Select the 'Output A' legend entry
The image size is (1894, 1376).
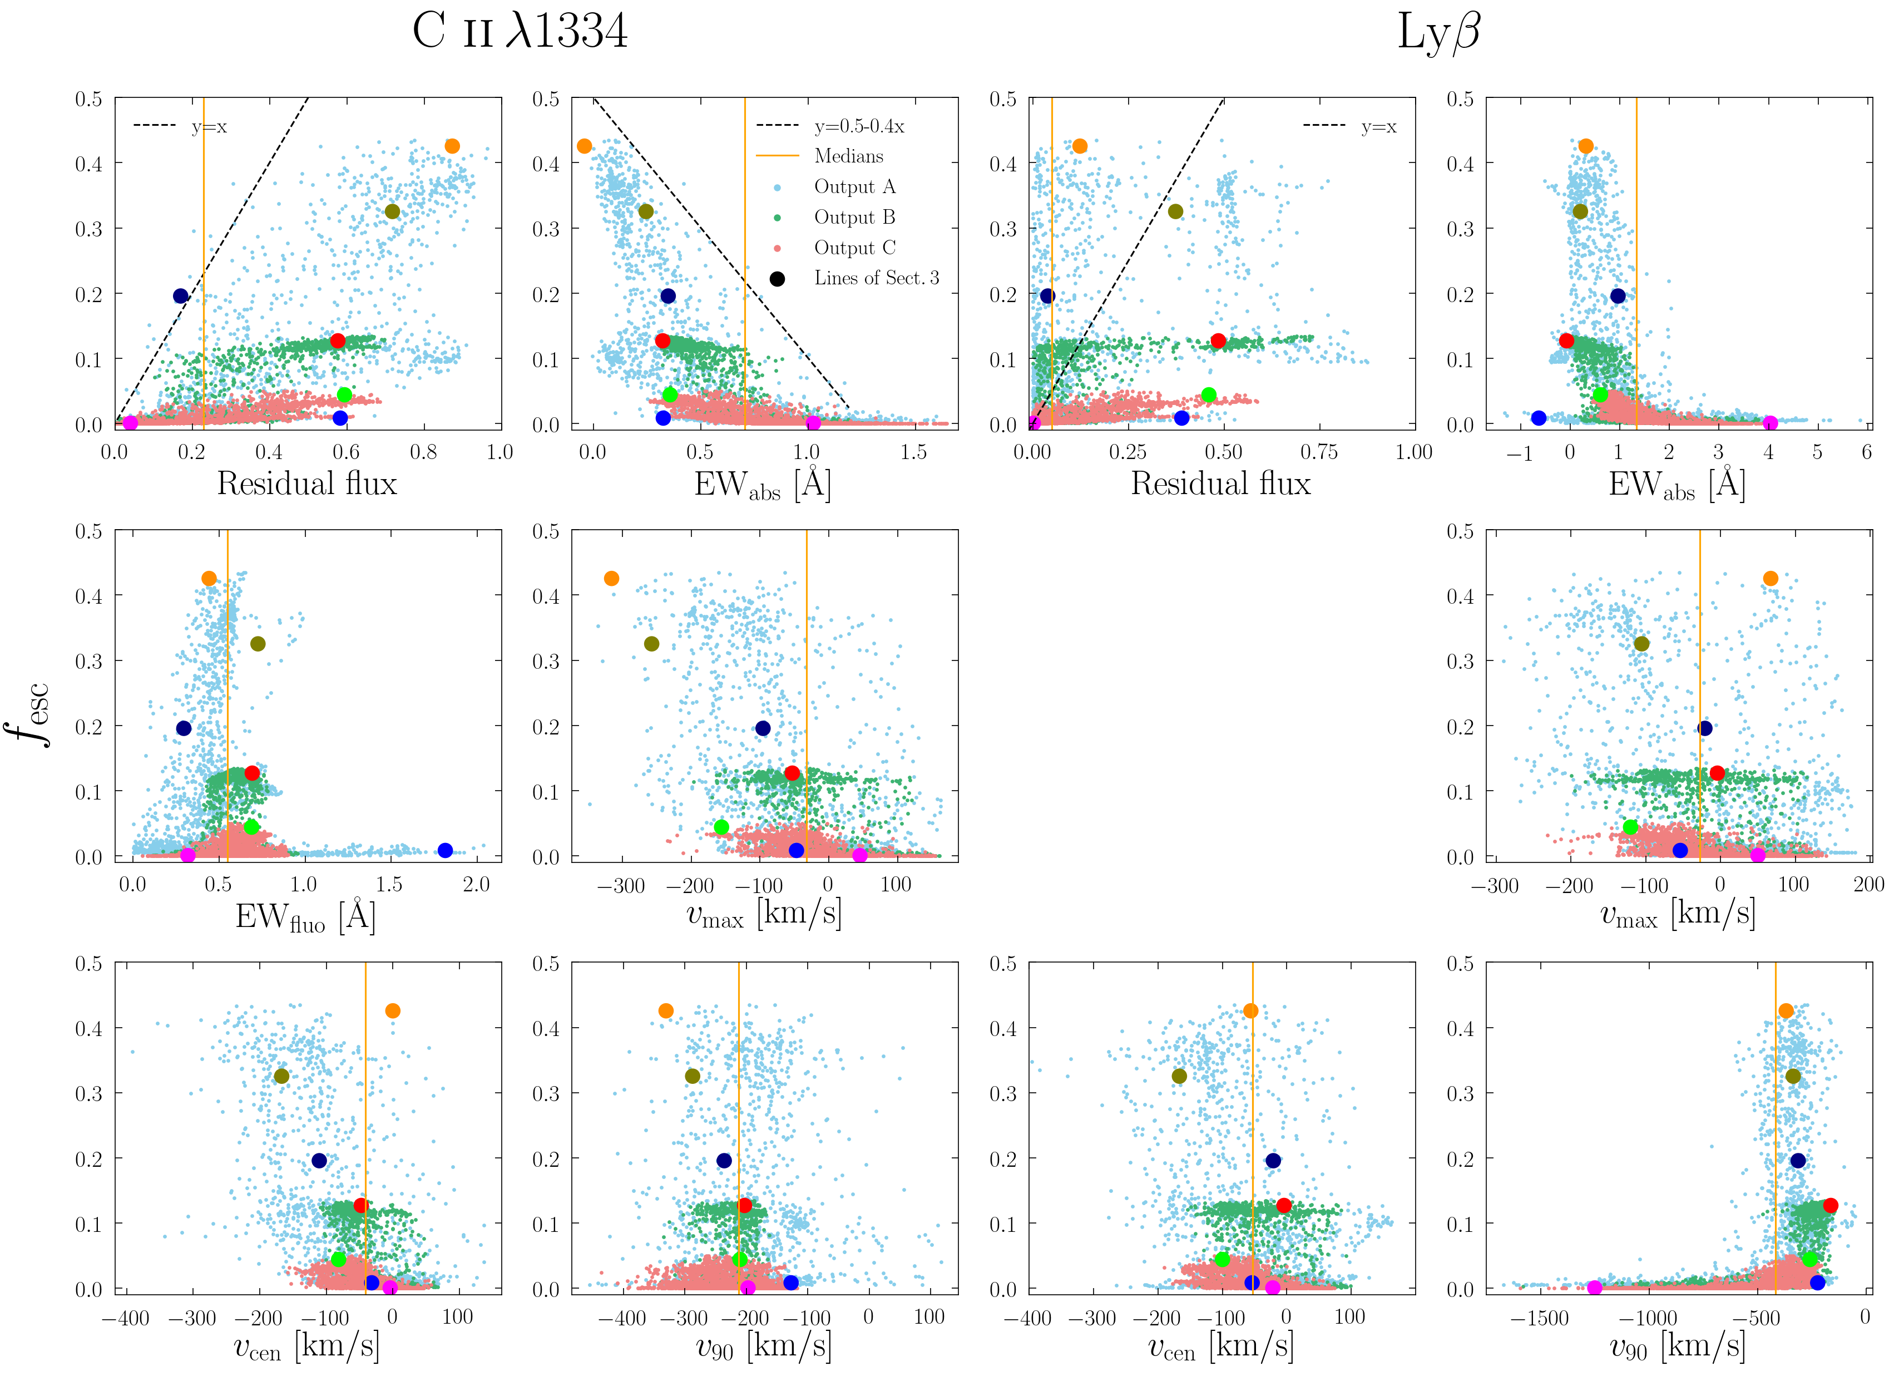pos(854,186)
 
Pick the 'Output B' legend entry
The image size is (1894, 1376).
pos(854,217)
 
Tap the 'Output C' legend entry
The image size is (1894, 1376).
pos(854,248)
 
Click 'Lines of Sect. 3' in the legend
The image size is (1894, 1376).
pos(876,278)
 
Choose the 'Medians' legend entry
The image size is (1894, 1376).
pos(848,156)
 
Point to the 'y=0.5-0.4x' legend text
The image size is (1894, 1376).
pos(859,126)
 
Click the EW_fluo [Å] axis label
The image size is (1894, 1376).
pos(305,918)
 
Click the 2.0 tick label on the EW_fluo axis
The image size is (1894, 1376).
pos(476,885)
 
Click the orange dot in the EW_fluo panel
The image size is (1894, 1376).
pos(209,578)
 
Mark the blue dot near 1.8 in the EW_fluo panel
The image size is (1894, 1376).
pos(445,851)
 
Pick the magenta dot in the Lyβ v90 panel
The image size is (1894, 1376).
pos(1594,1288)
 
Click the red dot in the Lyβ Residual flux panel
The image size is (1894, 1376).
pos(1218,341)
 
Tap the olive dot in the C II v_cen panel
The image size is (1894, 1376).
pos(281,1076)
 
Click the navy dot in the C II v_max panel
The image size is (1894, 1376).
pos(763,728)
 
